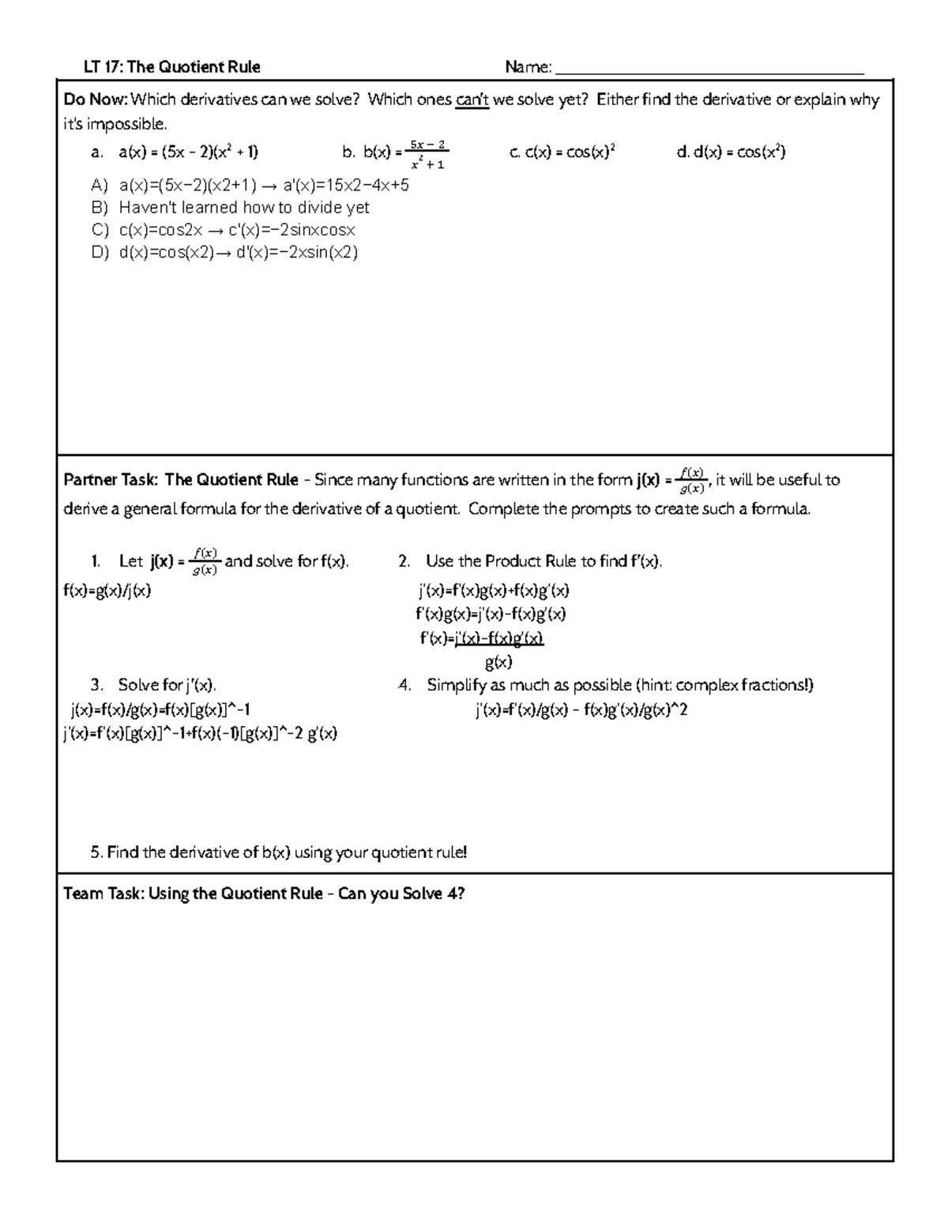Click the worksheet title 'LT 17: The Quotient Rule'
coord(172,67)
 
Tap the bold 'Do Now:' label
coord(95,100)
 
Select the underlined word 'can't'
coord(472,100)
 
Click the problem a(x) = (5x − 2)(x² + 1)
coord(188,152)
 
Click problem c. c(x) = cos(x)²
coord(562,152)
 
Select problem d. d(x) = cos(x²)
coord(731,152)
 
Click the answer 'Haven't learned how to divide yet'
coord(243,208)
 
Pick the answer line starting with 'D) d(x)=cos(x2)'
coord(225,253)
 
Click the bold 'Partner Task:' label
coord(111,480)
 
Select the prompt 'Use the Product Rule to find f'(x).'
coord(544,562)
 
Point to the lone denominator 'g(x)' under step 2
coord(498,662)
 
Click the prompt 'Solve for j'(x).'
coord(167,685)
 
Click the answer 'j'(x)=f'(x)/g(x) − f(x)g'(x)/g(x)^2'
coord(581,710)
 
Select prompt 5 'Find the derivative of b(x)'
coord(278,853)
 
